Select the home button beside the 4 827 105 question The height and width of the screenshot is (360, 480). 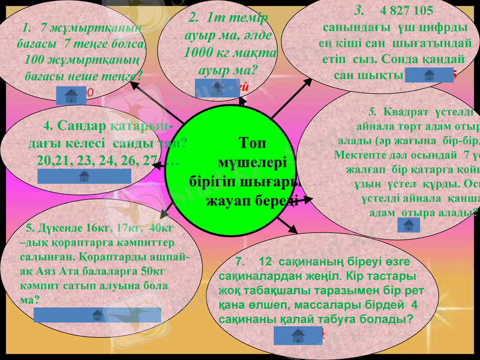tap(429, 76)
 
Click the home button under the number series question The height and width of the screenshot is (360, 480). tap(84, 176)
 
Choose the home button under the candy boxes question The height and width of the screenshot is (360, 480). tap(80, 315)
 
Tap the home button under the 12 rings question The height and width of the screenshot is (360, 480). tap(298, 336)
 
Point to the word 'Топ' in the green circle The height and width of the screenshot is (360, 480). tap(251, 143)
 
